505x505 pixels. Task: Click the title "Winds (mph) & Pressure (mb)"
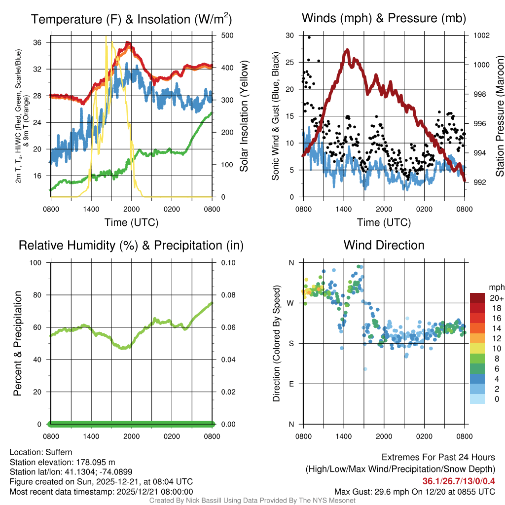(384, 19)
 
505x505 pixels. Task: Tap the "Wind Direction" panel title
(384, 245)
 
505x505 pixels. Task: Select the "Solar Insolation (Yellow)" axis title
(244, 116)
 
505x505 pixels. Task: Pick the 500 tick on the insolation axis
(220, 36)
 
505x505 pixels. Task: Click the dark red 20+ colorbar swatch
(478, 298)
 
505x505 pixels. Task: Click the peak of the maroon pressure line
(347, 50)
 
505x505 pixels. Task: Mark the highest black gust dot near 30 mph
(309, 37)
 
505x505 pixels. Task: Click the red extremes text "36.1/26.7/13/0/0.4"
(459, 481)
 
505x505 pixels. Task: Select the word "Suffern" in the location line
(59, 452)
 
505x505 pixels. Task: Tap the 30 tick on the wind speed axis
(290, 36)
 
